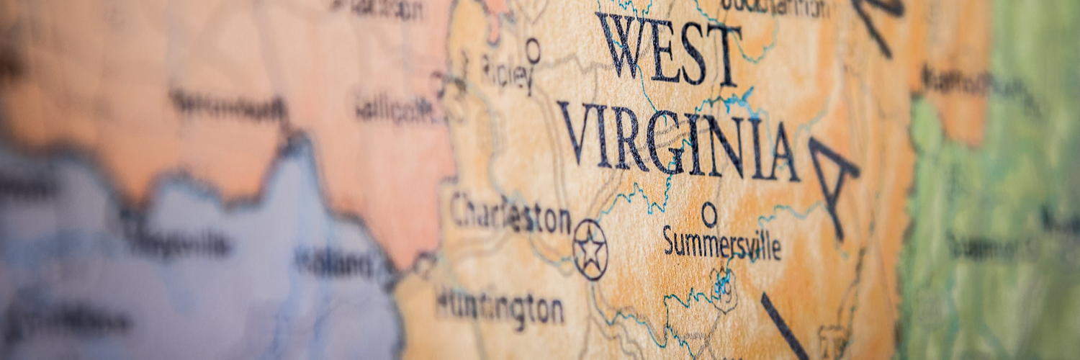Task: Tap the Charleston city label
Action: (x=510, y=215)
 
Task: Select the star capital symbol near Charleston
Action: (x=590, y=250)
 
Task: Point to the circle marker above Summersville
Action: (x=709, y=214)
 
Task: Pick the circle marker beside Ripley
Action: (x=533, y=50)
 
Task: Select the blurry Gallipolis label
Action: (x=396, y=108)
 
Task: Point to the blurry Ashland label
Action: (x=335, y=262)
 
